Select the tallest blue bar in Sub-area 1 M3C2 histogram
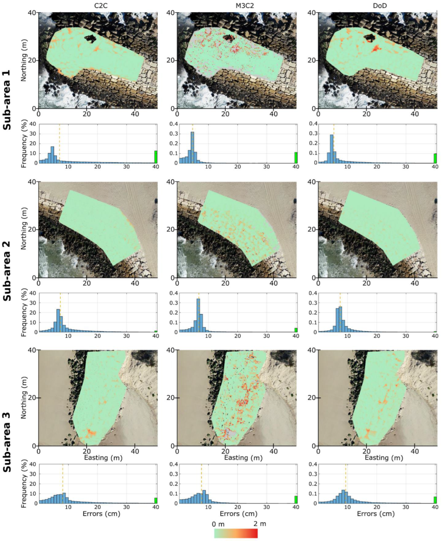pyautogui.click(x=192, y=147)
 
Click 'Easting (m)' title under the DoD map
pyautogui.click(x=384, y=458)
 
